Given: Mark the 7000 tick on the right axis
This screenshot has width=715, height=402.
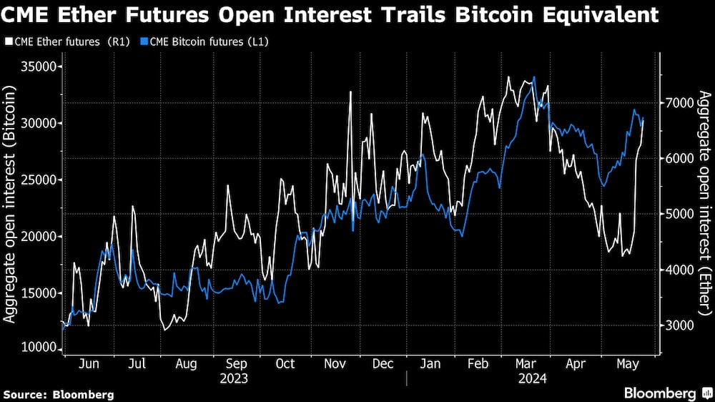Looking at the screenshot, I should click(676, 103).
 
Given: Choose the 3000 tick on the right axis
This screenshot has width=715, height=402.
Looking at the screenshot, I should click(676, 325).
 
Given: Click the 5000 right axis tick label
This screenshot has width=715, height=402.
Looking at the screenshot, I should click(676, 214).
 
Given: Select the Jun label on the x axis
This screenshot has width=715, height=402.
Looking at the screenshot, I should click(88, 364).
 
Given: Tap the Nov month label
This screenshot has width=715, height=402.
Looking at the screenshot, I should click(335, 364).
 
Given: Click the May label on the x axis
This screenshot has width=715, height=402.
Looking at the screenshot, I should click(626, 364).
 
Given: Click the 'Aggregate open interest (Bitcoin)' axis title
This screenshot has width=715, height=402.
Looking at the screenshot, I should click(13, 207).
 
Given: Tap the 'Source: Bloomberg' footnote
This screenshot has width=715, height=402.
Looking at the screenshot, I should click(59, 394).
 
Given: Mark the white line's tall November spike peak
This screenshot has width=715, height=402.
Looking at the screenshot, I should click(351, 92).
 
